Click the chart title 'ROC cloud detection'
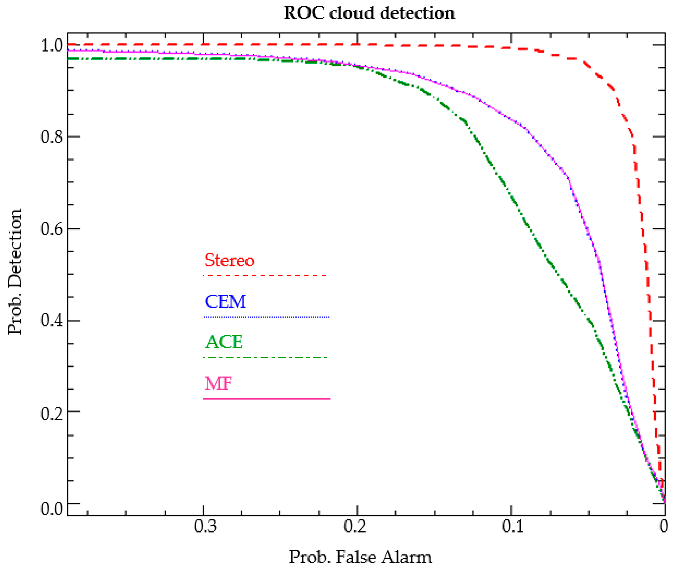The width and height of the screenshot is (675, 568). [369, 13]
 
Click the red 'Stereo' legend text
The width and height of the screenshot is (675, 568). [229, 260]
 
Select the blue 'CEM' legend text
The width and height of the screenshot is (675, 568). [225, 302]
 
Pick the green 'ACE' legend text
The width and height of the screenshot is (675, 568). [224, 342]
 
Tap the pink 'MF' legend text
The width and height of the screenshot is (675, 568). [218, 383]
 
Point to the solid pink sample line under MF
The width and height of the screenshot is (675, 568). [266, 399]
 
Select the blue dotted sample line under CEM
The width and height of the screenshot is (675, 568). [266, 317]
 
